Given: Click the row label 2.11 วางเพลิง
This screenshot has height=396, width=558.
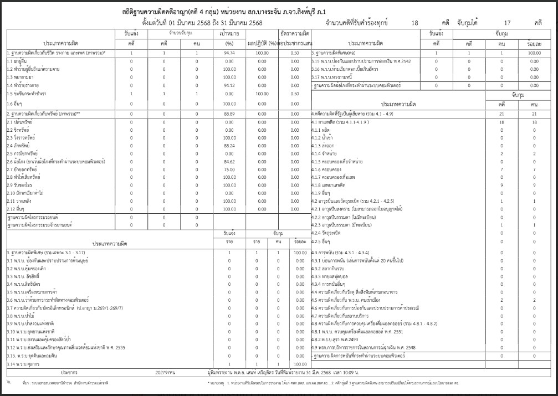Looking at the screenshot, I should (19, 201).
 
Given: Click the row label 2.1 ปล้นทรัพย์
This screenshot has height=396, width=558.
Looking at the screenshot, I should (19, 121).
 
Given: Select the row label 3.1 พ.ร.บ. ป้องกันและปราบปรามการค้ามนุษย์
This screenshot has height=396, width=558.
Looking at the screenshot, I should (48, 260).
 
